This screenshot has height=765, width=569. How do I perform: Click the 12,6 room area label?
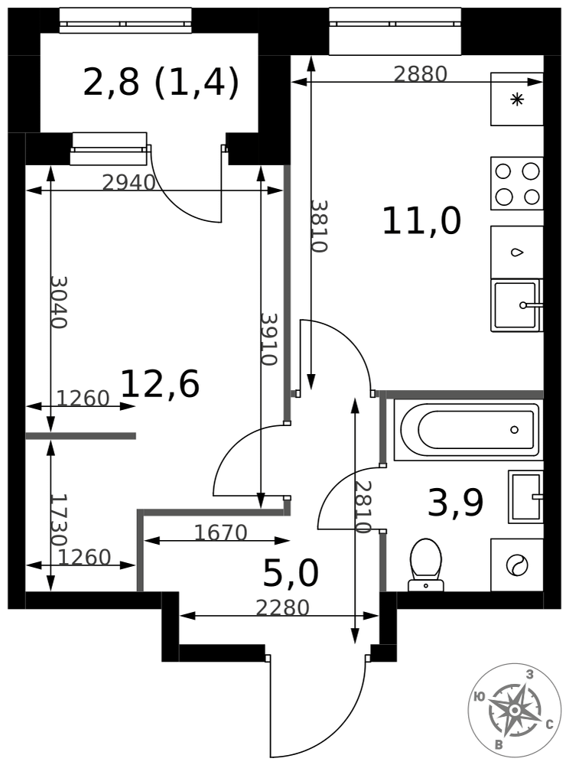160,384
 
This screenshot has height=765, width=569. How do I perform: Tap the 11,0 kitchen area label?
421,221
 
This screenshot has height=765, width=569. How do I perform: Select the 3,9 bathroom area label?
455,503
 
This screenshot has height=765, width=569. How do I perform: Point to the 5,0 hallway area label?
291,572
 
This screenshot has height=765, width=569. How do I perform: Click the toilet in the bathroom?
426,565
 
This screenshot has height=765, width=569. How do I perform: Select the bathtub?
469,430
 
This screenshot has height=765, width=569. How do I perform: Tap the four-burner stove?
517,184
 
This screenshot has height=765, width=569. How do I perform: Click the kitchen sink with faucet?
517,305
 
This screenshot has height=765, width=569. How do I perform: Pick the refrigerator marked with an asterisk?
517,99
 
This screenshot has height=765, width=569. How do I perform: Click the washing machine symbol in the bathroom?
517,565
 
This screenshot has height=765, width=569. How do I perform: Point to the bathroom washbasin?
525,496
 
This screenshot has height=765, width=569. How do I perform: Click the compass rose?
514,710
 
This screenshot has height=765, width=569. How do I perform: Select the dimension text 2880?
421,74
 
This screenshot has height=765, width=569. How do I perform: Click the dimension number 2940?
128,183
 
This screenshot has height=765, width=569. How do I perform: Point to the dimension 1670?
221,532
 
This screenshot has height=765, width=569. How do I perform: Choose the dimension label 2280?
283,608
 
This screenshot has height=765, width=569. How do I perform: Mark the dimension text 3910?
269,339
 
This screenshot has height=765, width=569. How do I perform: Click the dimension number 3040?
59,302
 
